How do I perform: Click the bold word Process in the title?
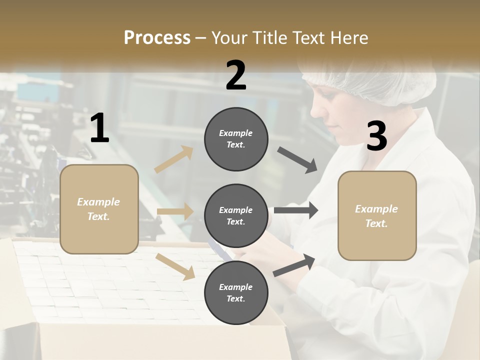157,37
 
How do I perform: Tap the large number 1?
99,128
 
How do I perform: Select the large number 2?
236,75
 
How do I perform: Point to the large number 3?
376,136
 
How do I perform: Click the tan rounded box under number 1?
99,235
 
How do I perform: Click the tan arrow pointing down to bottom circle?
175,266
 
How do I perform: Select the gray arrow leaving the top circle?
297,160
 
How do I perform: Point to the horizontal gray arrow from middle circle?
295,210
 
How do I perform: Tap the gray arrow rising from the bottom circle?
294,265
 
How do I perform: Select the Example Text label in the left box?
98,209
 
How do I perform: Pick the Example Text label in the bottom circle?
236,292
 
